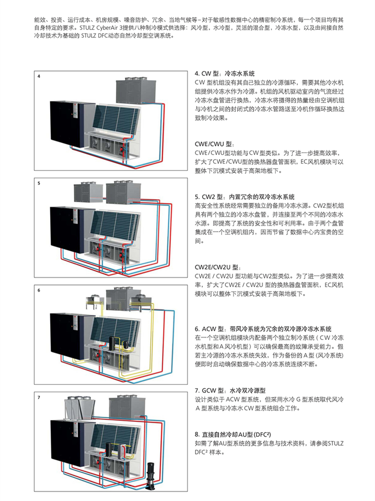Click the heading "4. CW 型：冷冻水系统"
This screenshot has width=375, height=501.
click(225, 74)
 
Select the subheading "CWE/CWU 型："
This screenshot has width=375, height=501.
click(215, 144)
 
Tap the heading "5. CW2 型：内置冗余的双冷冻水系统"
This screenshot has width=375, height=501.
click(245, 197)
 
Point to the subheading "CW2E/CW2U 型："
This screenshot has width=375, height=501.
click(218, 267)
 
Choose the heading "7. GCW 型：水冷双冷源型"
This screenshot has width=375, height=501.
click(230, 390)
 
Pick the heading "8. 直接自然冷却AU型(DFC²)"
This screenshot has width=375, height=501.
click(233, 435)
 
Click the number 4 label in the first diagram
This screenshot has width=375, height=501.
click(39, 76)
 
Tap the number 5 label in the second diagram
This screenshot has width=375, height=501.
click(39, 184)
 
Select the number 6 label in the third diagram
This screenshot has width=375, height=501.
click(39, 290)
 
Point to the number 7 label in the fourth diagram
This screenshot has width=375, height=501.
click(39, 398)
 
